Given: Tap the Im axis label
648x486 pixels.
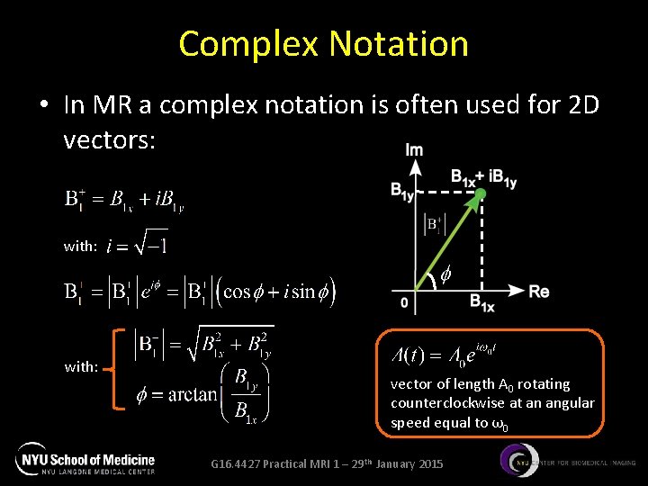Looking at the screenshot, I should pyautogui.click(x=414, y=149).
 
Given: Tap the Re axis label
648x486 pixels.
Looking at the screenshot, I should pyautogui.click(x=538, y=292).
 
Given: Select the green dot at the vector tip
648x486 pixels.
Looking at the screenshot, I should pyautogui.click(x=481, y=193).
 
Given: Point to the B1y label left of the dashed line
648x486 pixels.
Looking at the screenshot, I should pyautogui.click(x=403, y=189).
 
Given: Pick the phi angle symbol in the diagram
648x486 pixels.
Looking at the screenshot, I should pyautogui.click(x=445, y=272).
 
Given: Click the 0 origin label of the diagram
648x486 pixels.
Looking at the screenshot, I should pyautogui.click(x=404, y=303).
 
